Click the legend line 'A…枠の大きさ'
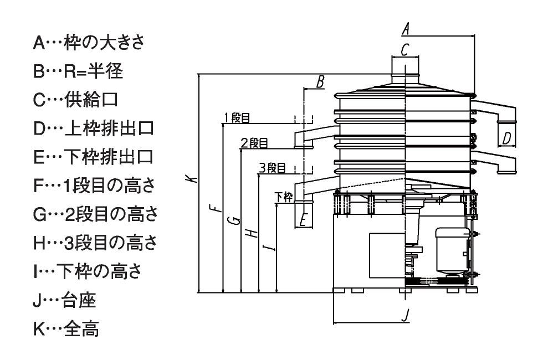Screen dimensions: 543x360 (89, 43)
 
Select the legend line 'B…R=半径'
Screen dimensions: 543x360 (78, 71)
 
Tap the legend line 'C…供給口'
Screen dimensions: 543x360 (75, 100)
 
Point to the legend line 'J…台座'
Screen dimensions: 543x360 (64, 300)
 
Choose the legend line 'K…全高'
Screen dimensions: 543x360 (66, 329)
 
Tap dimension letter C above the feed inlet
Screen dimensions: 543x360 (405, 49)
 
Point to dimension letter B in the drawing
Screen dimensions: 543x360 (320, 82)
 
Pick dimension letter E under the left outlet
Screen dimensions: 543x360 (304, 219)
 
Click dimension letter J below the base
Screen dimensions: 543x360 (405, 315)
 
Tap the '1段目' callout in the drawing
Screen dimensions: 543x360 (237, 117)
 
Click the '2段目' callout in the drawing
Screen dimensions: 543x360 (254, 143)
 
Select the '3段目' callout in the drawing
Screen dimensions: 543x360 (273, 168)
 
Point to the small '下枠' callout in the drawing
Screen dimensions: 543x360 (284, 197)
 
